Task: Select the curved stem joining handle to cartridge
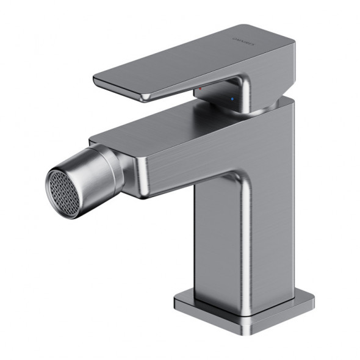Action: [241, 92]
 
